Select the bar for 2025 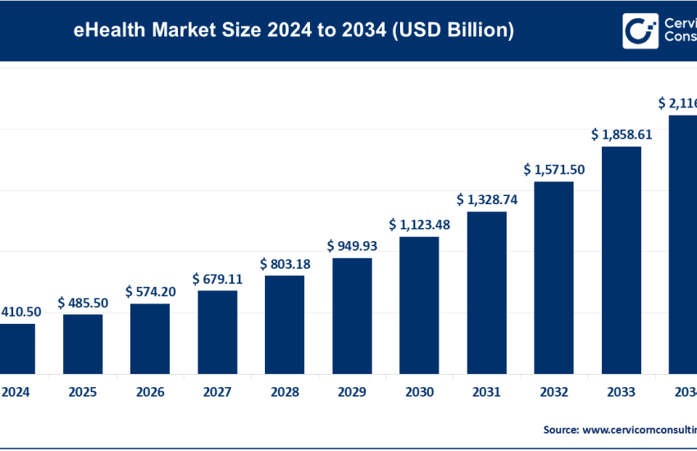point(83,344)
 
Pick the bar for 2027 point(217,331)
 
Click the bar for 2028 point(285,324)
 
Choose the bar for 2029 point(352,315)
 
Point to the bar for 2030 point(419,304)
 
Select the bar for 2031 point(486,292)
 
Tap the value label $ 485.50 point(83,303)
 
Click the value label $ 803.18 point(285,264)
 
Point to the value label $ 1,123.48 point(419,225)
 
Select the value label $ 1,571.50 point(553,170)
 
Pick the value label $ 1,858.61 point(621,134)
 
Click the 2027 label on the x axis point(217,392)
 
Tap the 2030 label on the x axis point(419,392)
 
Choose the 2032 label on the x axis point(553,392)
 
